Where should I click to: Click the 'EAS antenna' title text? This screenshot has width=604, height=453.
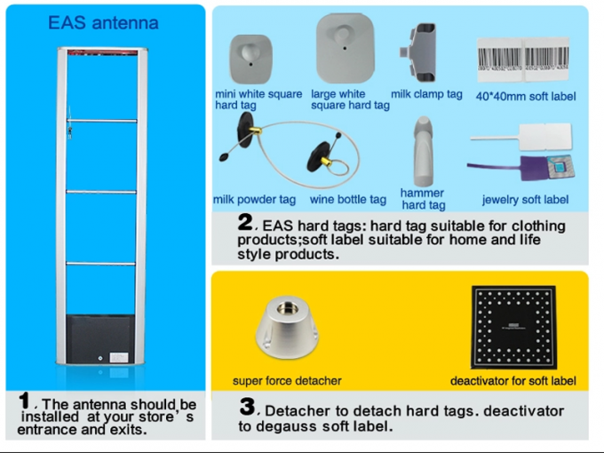tap(103, 22)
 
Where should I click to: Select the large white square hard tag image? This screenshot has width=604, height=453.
tap(342, 50)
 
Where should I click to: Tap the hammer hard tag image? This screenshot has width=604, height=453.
tap(423, 150)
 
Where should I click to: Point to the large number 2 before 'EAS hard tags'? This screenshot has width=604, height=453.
tap(245, 222)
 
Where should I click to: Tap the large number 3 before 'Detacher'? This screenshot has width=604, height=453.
tap(248, 408)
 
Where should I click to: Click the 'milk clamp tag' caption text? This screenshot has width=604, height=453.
tap(426, 94)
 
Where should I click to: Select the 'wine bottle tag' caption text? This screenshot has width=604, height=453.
tap(348, 200)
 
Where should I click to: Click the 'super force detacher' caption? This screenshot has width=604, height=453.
tap(287, 381)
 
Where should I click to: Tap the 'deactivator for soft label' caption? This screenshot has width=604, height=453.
tap(513, 381)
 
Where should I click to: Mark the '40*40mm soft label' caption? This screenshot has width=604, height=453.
tap(526, 96)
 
